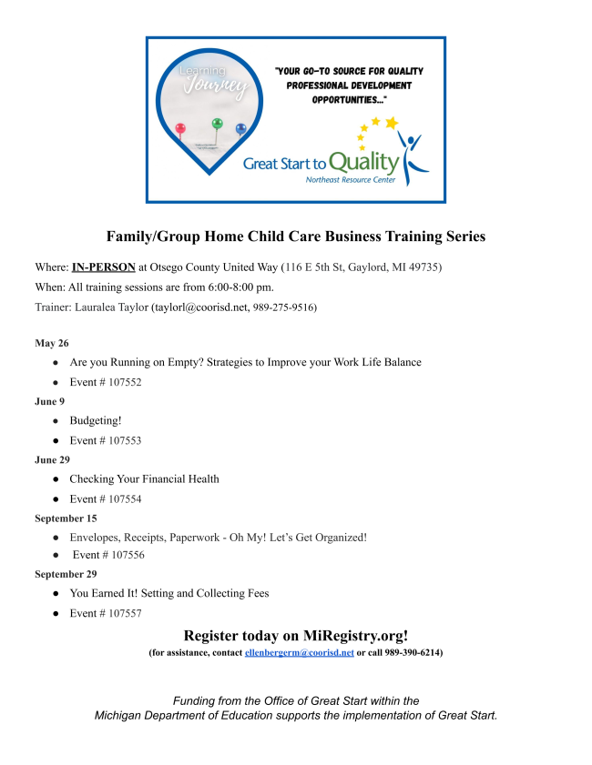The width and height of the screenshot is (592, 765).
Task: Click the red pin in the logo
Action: (179, 128)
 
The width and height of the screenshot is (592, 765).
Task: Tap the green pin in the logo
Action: (217, 123)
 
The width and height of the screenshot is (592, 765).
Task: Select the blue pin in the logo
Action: (240, 129)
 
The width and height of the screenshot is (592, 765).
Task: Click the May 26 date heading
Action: (51, 343)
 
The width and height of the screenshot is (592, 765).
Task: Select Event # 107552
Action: (106, 382)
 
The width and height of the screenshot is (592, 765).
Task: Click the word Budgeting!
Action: (96, 421)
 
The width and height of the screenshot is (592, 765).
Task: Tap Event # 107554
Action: (106, 498)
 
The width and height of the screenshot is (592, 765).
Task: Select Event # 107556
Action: (108, 555)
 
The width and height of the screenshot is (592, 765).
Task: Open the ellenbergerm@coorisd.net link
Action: (299, 653)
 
